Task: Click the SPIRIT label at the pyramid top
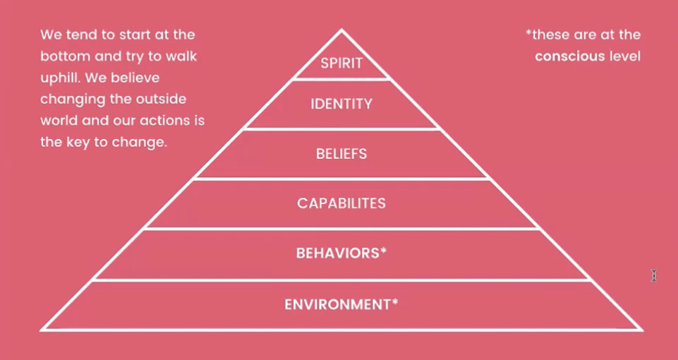point(341,63)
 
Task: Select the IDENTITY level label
point(341,104)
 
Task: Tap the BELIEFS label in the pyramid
point(341,154)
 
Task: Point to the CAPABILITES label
point(341,203)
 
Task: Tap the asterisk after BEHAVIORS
point(384,251)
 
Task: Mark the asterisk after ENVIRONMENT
point(395,303)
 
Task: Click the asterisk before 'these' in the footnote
point(528,33)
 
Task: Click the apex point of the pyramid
point(341,30)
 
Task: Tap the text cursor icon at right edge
point(654,276)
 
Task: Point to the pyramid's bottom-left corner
point(42,329)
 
